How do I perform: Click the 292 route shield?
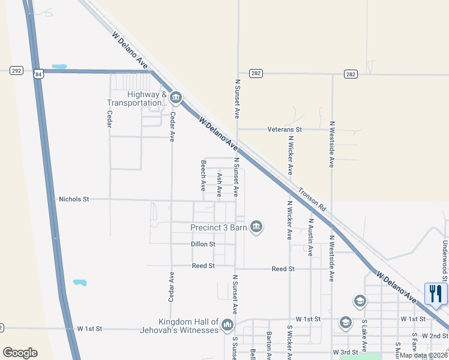17,71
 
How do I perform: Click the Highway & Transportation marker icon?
175,97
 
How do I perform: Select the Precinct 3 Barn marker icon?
256,227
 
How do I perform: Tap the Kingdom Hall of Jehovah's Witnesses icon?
227,326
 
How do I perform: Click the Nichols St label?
74,199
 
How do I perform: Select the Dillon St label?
203,244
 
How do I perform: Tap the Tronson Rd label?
313,200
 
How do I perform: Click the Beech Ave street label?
203,172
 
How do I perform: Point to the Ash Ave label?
220,185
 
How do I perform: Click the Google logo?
20,353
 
